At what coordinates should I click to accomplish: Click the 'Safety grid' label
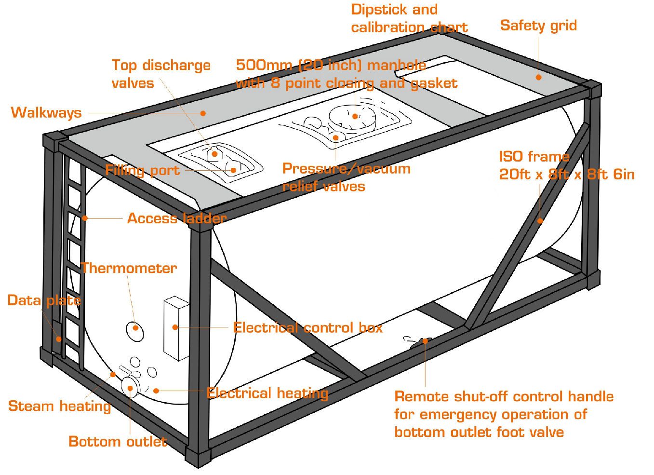(x=538, y=26)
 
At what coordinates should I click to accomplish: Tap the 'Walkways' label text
(x=46, y=113)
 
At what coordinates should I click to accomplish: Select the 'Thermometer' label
(x=129, y=268)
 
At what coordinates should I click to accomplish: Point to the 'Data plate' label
(x=44, y=300)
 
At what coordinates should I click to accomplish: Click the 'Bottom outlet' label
(x=118, y=441)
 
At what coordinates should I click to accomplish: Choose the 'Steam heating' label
(x=59, y=406)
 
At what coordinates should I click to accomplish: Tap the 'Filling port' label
(x=142, y=170)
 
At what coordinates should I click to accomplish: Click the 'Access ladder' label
(x=176, y=218)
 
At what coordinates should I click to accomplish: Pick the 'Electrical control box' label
(x=307, y=328)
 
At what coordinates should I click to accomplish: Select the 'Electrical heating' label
(x=267, y=393)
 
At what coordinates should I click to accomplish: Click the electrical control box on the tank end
(x=175, y=328)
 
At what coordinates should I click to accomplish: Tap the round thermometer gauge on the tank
(x=135, y=330)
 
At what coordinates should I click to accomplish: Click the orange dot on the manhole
(x=355, y=116)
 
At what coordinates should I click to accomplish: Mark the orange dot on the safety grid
(x=538, y=77)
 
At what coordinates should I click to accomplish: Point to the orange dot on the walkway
(x=203, y=113)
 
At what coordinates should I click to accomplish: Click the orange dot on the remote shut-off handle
(x=426, y=341)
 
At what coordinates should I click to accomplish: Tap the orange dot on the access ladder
(x=85, y=218)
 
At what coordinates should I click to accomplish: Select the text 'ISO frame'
(x=534, y=157)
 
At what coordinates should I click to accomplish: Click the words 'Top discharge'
(x=161, y=66)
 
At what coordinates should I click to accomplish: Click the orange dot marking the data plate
(x=59, y=339)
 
